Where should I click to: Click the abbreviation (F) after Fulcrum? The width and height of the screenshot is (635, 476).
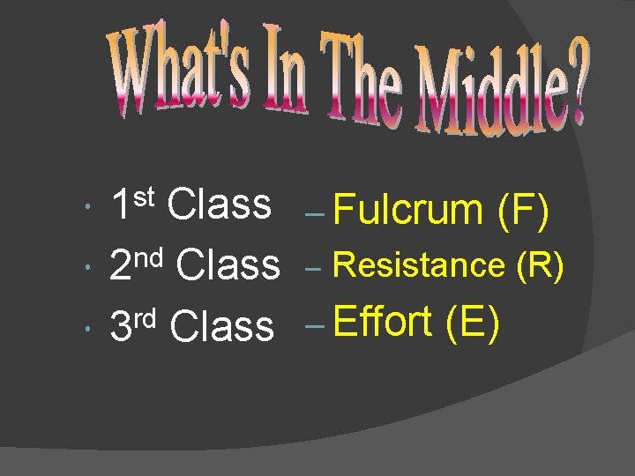[x=524, y=212]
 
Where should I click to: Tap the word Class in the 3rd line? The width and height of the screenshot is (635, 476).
[x=221, y=325]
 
